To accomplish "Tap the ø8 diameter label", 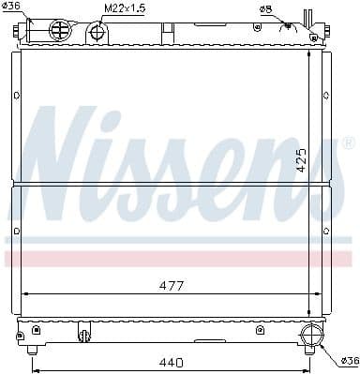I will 267,9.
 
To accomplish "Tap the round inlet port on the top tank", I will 59,30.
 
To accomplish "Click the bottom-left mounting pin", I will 33,350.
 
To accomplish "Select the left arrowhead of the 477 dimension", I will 23,293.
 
